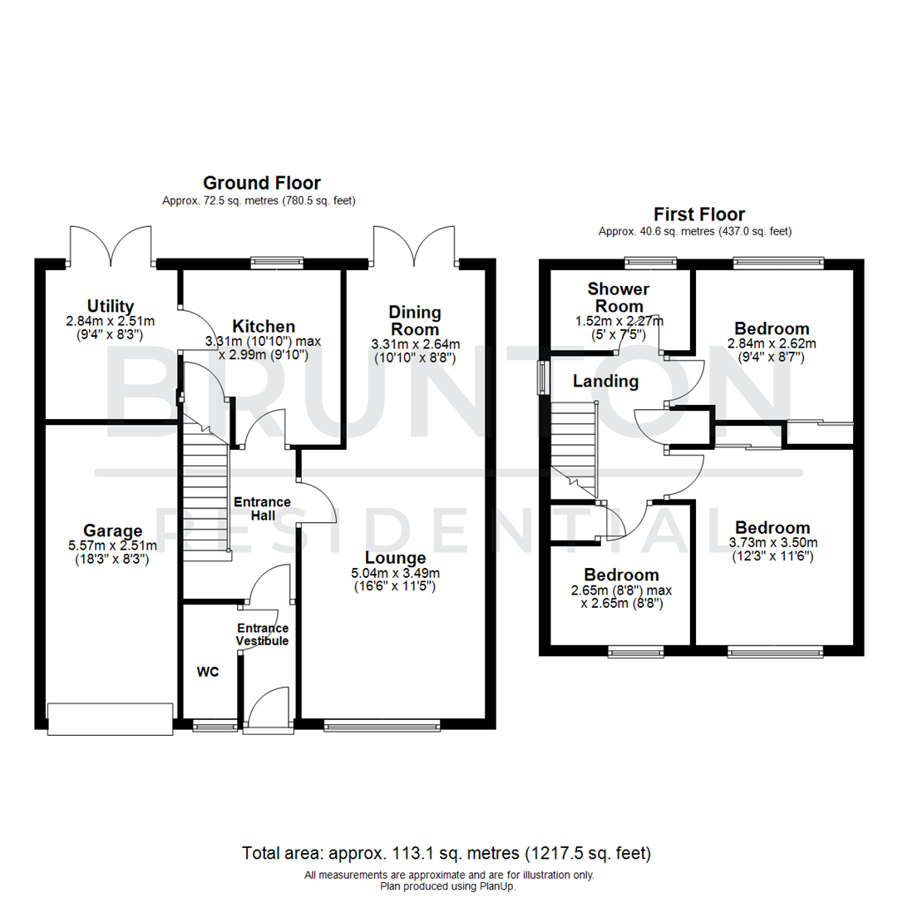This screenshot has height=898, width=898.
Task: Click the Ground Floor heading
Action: point(262,183)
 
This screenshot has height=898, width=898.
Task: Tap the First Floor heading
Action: point(698,215)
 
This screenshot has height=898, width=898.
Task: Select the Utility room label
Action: point(110,306)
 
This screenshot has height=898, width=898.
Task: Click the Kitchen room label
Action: point(264,326)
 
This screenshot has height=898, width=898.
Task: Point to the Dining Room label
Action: point(415,321)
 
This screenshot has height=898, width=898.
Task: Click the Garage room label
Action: point(112,530)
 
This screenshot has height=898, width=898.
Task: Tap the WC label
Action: point(207,672)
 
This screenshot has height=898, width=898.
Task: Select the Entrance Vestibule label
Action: point(263,634)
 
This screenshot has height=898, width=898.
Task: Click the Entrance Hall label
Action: point(261,509)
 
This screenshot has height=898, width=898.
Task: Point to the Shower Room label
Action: point(618,298)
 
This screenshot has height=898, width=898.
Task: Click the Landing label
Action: point(606,382)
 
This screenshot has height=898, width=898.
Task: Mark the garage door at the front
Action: point(111,718)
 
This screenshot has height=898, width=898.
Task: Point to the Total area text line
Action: point(446,853)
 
